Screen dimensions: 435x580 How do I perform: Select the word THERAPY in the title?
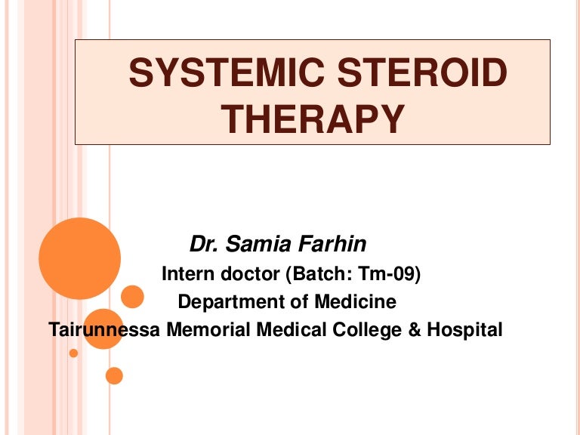coord(313,120)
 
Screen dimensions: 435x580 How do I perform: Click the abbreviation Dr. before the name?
coord(203,245)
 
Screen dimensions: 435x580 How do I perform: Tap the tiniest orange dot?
coord(73,353)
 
